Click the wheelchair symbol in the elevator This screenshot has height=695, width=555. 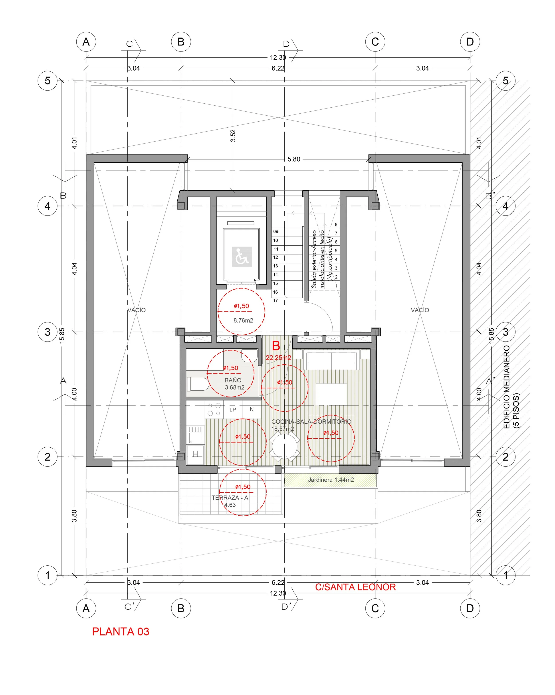241,257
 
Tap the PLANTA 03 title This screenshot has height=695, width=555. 120,631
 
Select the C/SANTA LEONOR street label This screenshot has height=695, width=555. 355,587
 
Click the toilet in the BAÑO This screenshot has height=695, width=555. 198,384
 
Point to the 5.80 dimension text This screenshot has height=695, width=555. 293,159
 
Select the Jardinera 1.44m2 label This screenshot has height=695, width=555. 331,480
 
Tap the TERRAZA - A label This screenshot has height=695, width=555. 230,498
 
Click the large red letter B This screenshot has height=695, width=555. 276,346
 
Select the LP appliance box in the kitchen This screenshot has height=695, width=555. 232,410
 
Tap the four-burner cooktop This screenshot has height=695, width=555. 214,409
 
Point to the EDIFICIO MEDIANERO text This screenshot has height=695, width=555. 506,387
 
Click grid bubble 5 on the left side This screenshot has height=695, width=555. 48,81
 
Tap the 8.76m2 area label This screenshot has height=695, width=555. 243,320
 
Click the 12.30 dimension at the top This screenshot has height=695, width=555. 278,57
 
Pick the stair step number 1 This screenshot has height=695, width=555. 336,286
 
